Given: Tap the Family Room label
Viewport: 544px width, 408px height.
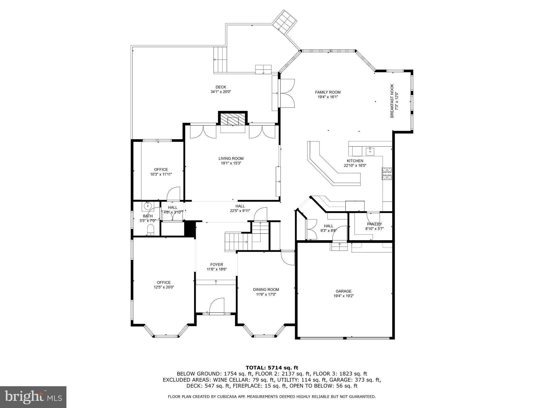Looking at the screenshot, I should tap(328, 92).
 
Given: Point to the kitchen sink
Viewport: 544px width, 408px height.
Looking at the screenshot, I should tap(370, 152).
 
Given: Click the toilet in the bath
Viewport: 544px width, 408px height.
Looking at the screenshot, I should tap(151, 229).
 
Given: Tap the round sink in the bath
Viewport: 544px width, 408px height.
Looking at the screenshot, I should tap(147, 205).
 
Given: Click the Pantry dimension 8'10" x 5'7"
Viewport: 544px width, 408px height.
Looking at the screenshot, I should tap(375, 228).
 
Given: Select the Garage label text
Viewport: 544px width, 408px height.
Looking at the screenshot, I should tap(343, 291).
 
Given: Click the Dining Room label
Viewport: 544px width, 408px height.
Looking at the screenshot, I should tap(266, 290).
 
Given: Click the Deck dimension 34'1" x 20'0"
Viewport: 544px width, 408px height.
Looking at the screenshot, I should tap(221, 92).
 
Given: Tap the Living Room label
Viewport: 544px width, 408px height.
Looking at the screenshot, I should tap(231, 159).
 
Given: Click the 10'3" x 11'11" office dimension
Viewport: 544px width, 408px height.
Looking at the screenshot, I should tap(161, 175).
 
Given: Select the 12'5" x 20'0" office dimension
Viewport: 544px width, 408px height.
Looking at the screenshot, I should tap(164, 287).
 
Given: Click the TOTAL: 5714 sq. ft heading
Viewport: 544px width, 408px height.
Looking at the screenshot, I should tap(272, 368).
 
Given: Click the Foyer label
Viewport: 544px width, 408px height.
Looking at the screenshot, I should tap(216, 265).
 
